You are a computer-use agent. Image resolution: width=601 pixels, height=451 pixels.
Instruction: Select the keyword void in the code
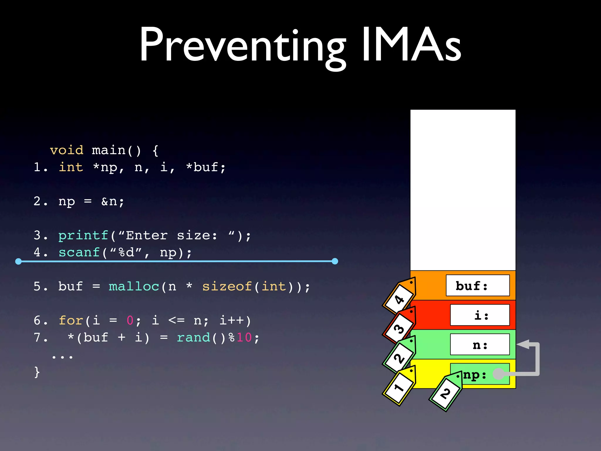tap(67, 150)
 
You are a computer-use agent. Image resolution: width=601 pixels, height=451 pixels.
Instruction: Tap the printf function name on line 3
tap(83, 235)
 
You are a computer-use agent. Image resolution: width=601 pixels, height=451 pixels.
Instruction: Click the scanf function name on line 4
tap(79, 253)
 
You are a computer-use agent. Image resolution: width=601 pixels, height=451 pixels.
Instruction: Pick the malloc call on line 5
tap(134, 286)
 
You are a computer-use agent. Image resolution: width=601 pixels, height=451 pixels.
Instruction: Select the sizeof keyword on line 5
tap(227, 286)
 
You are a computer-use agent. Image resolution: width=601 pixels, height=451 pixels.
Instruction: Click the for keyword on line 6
tap(71, 320)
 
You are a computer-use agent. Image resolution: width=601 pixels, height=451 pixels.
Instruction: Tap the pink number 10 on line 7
tap(244, 337)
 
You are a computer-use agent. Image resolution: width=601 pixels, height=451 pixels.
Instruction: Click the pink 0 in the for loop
tap(130, 320)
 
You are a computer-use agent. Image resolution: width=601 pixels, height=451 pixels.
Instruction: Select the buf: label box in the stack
tap(477, 285)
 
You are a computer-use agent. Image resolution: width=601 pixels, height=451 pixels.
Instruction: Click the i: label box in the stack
tap(480, 315)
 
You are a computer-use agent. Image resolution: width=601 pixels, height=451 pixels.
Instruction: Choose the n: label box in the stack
tap(480, 344)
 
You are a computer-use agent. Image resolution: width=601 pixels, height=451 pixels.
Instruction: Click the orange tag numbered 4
tap(399, 298)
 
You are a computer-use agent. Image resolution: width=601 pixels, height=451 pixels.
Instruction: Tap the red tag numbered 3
tap(399, 327)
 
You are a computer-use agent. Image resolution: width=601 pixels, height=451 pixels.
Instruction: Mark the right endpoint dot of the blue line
tap(335, 261)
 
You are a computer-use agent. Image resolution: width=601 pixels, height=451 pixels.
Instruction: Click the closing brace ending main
tap(37, 372)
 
